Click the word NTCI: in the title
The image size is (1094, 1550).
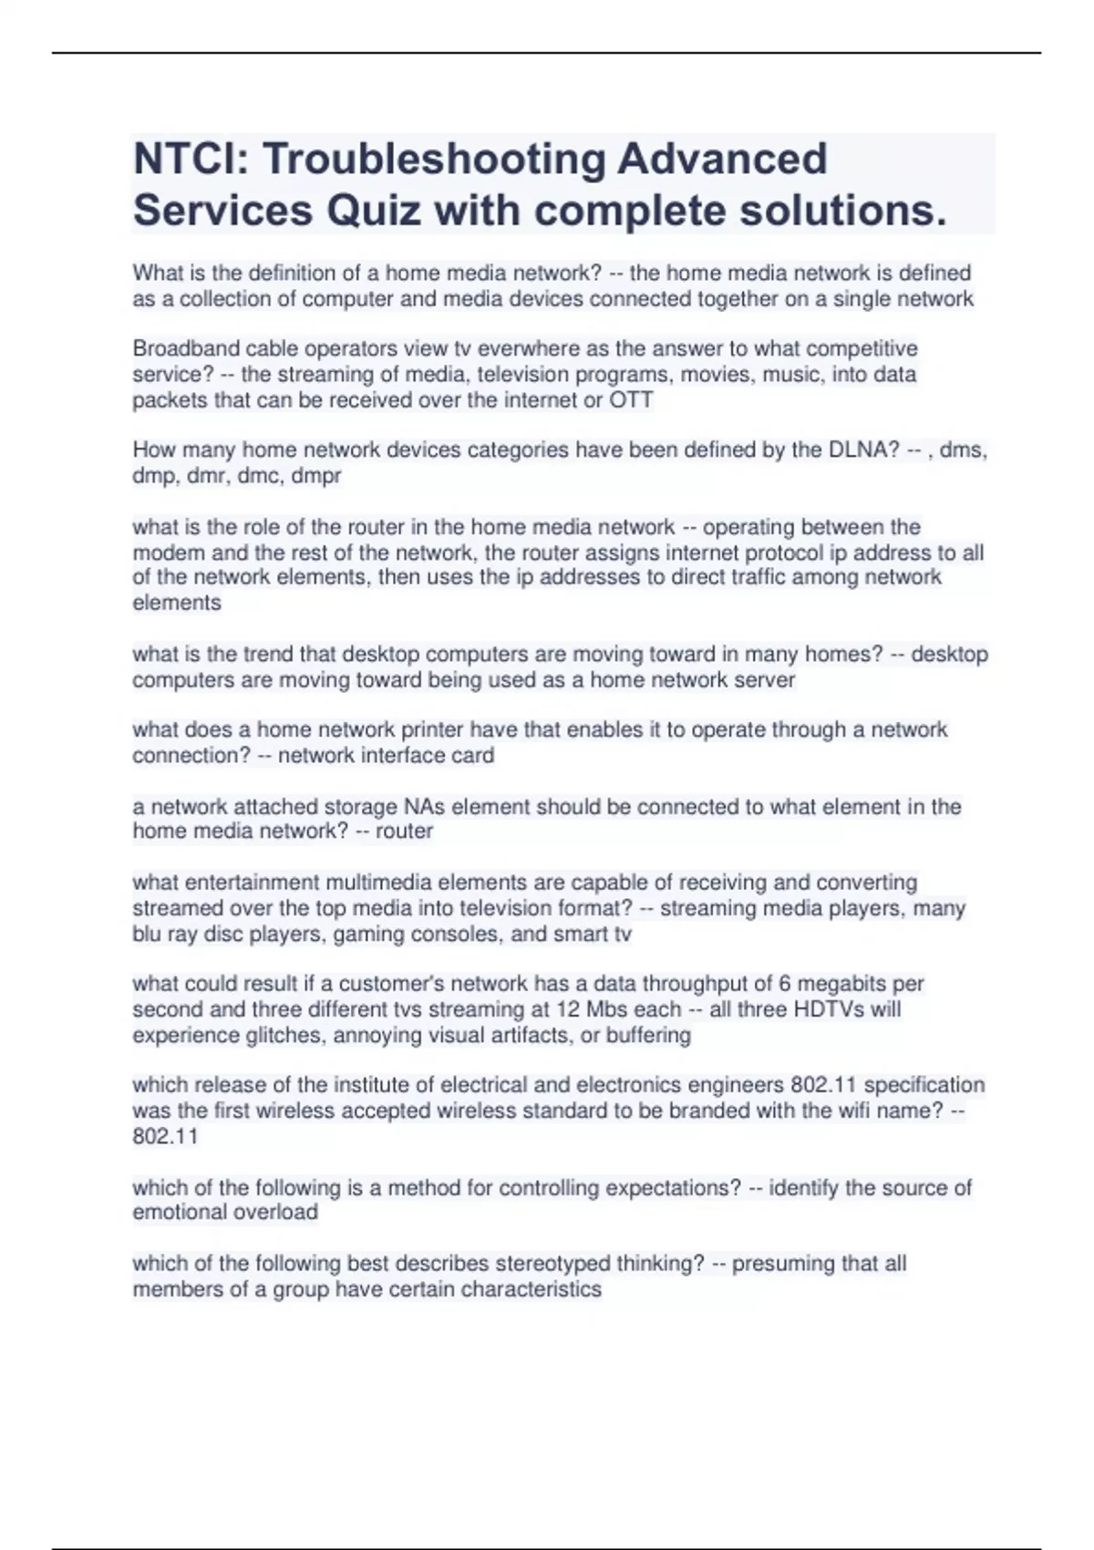[x=191, y=160]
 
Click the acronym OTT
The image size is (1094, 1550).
[x=631, y=399]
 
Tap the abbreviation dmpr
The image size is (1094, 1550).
[x=315, y=475]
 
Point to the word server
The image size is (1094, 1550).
[x=765, y=679]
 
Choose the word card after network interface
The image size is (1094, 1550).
[x=474, y=755]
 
